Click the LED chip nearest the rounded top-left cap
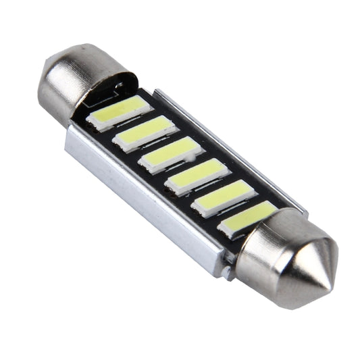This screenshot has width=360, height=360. [118, 111]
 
